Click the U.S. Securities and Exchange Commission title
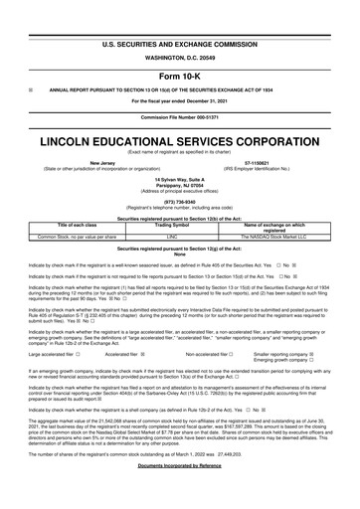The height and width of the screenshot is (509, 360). click(x=180, y=18)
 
